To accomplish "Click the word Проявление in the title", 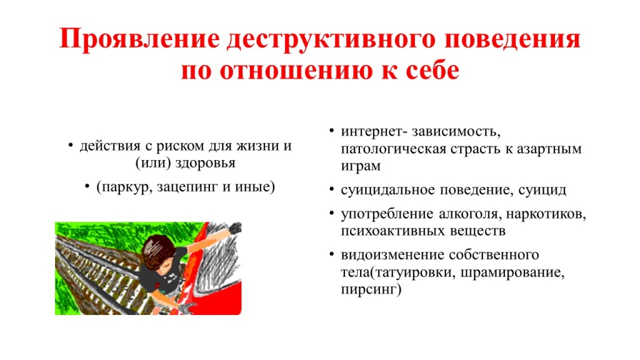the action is click(139, 40).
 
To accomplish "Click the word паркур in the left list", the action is click(124, 187).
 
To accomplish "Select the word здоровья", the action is click(205, 163).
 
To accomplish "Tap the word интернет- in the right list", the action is click(374, 132).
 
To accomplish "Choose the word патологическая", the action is click(394, 149).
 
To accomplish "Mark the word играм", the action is click(361, 166).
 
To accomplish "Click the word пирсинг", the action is click(371, 289).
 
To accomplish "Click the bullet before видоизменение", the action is click(332, 255).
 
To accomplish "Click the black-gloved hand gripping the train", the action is click(235, 228).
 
